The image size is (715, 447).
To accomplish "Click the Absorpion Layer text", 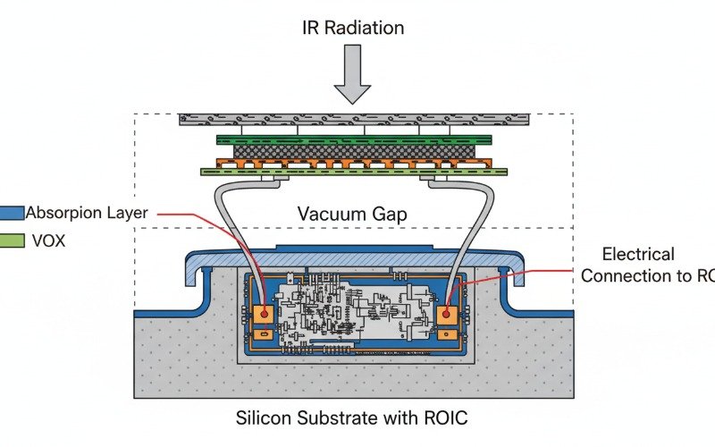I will pyautogui.click(x=86, y=213).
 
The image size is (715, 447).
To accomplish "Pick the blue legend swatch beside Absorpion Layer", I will pyautogui.click(x=12, y=213).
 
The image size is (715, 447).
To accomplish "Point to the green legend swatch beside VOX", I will pyautogui.click(x=12, y=240).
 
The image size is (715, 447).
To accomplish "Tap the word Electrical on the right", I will pyautogui.click(x=638, y=255).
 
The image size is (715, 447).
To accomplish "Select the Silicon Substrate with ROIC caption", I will pyautogui.click(x=352, y=417).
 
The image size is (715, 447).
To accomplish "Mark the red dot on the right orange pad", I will pyautogui.click(x=446, y=314).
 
